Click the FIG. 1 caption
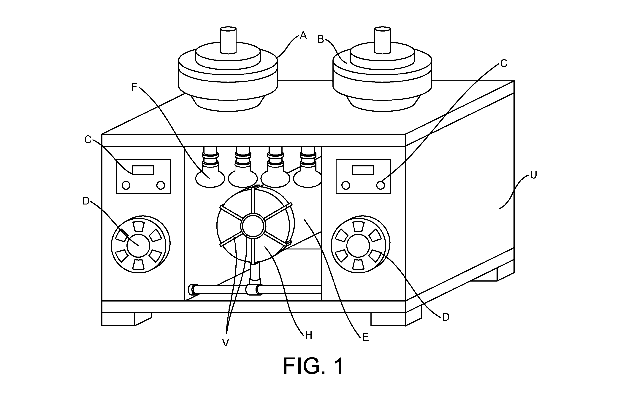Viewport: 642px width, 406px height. tap(313, 366)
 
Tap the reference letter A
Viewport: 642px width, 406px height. tap(303, 35)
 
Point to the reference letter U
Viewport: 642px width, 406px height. tap(533, 175)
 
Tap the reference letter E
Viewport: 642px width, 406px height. tap(366, 337)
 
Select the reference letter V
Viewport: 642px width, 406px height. tap(226, 343)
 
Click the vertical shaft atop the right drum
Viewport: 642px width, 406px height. tap(383, 40)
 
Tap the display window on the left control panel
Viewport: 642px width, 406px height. tap(143, 170)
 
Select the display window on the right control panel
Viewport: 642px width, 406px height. tap(363, 170)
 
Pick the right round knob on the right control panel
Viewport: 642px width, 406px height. tap(381, 185)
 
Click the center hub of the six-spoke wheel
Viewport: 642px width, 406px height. tap(253, 226)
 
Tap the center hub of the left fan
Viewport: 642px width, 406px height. tap(138, 246)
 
